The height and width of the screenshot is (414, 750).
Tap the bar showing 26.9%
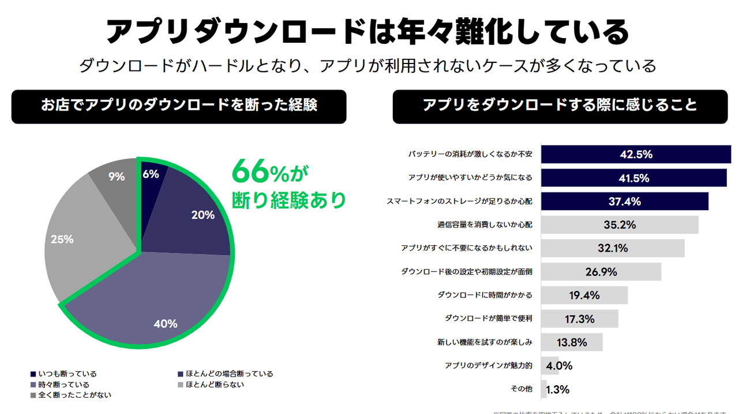click(x=601, y=271)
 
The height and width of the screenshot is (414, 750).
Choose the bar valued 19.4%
click(x=584, y=295)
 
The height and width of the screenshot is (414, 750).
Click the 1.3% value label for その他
click(x=557, y=389)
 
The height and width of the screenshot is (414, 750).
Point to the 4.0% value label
click(x=558, y=365)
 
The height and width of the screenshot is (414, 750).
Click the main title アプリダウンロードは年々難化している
click(x=367, y=31)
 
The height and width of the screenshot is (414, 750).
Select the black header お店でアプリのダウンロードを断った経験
click(x=179, y=106)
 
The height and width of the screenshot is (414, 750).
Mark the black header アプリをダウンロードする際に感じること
click(x=560, y=106)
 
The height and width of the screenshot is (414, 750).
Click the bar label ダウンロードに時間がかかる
click(x=485, y=295)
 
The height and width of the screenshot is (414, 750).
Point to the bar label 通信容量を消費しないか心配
click(x=485, y=225)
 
